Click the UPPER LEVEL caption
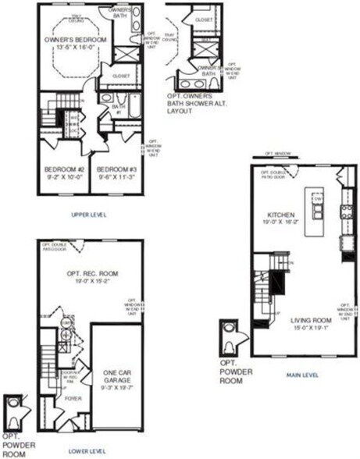(x=90, y=214)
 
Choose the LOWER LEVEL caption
(x=87, y=450)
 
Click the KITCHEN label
(x=280, y=214)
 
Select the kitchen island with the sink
(x=317, y=210)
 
